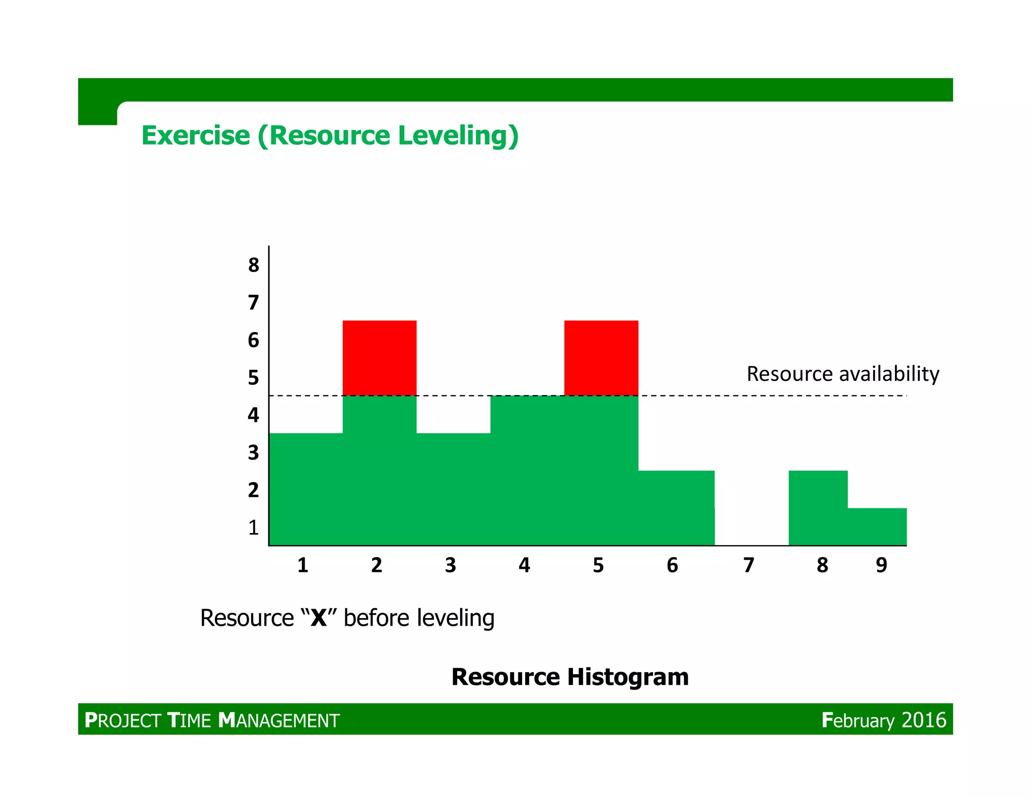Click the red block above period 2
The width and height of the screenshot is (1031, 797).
[x=380, y=358]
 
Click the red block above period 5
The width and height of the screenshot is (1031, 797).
[x=601, y=358]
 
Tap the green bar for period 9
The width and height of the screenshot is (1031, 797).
[x=877, y=526]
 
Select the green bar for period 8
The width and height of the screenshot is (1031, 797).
[x=818, y=508]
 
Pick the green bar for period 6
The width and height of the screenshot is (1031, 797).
[x=676, y=508]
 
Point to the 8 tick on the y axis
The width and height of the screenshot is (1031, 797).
[x=253, y=265]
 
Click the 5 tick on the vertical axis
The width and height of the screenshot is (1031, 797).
[x=253, y=378]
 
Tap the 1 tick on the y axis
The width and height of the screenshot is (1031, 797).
[x=253, y=527]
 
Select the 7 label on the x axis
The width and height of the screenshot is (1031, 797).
[x=749, y=565]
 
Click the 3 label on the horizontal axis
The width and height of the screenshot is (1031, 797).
[x=451, y=565]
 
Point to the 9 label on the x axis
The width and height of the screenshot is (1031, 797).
[x=881, y=565]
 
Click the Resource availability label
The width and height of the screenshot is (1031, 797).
[x=843, y=374]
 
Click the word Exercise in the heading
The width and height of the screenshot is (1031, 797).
[x=195, y=136]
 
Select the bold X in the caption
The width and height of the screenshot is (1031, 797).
[x=319, y=618]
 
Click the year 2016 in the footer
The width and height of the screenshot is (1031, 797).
[x=924, y=720]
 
